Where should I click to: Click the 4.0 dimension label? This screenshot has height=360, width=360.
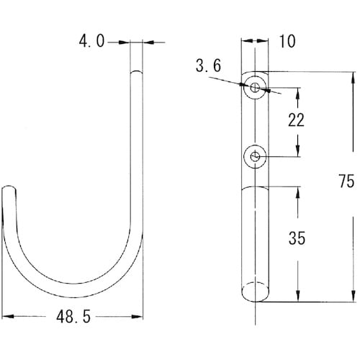(x=91, y=41)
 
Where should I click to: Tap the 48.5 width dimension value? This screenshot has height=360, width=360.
(x=73, y=317)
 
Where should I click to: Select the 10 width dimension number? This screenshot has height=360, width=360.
(x=287, y=41)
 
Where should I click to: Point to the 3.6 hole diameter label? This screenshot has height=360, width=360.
(x=208, y=66)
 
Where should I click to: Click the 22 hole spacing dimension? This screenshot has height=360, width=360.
(x=296, y=120)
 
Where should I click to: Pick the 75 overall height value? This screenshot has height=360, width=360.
(x=346, y=181)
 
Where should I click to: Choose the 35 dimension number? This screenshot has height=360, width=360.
(x=297, y=238)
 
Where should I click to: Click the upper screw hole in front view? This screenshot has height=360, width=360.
(x=255, y=87)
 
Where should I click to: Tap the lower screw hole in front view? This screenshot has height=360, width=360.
(x=255, y=157)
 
